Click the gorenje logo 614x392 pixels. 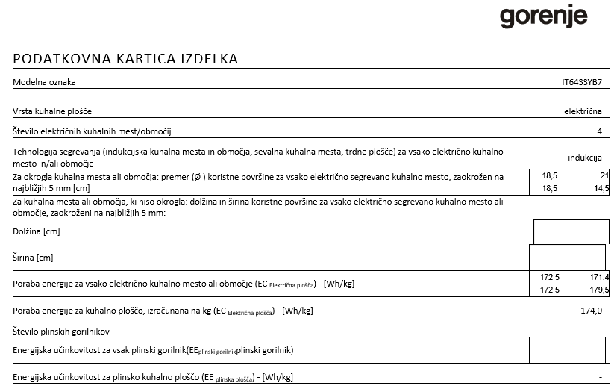point(543,17)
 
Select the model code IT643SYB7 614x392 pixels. point(581,82)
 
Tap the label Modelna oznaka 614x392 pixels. point(45,82)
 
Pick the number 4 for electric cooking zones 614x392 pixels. point(598,132)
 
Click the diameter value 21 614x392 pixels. point(604,176)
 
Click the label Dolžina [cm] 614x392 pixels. point(37,232)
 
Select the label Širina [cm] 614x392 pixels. point(34,258)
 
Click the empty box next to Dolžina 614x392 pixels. point(571,232)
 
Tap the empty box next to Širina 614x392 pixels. point(567,258)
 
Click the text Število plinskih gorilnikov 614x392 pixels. point(67,330)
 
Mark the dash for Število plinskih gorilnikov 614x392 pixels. point(599,331)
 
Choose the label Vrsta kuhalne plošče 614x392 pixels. point(52,111)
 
